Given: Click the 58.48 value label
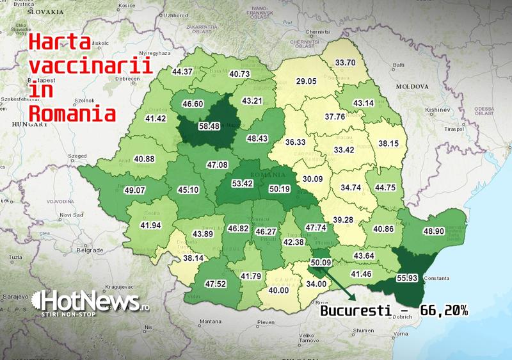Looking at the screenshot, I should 209,126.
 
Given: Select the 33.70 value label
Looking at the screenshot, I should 346,63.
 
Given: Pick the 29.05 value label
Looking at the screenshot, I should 306,81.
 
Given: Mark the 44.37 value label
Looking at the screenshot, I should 182,71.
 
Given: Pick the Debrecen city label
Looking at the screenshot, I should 127,79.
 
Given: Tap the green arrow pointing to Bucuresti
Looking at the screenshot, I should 337,282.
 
